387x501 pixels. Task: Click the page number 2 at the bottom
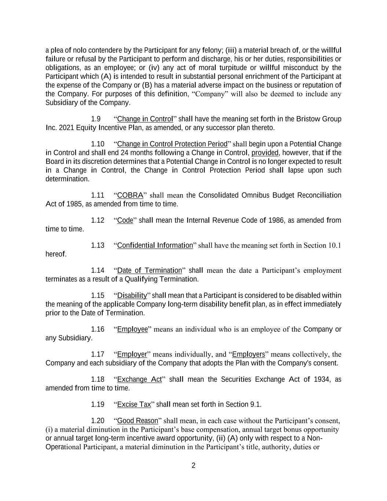coord(193,466)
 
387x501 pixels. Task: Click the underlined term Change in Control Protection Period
coord(172,144)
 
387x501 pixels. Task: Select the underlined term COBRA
coord(130,195)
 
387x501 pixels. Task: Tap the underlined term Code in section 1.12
coord(125,220)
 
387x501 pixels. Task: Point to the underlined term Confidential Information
coord(155,245)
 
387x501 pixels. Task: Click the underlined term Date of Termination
coord(149,271)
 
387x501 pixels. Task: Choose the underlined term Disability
coord(132,295)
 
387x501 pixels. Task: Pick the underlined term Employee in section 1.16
coord(132,329)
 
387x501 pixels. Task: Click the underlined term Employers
coord(248,354)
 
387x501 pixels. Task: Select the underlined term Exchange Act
coord(139,380)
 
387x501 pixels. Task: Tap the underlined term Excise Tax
coord(134,404)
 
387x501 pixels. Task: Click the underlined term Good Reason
coord(138,421)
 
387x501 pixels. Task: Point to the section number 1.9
coord(96,119)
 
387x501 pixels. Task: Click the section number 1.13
coord(98,245)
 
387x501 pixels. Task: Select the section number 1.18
coord(98,380)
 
